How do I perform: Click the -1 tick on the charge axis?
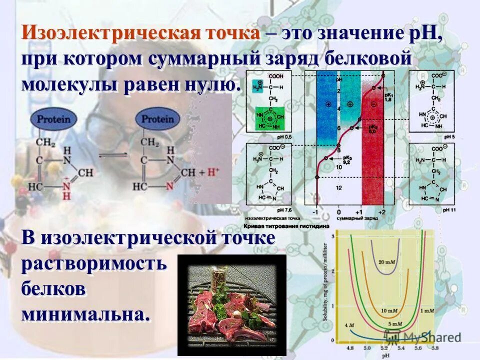pyautogui.click(x=315, y=212)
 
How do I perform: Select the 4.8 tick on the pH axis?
pyautogui.click(x=349, y=347)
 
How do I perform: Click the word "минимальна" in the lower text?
pyautogui.click(x=85, y=314)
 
